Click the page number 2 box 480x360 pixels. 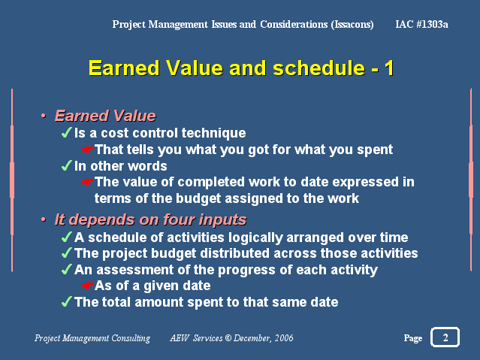(x=445, y=337)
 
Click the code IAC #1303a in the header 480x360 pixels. (x=422, y=24)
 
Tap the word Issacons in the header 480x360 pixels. (x=352, y=25)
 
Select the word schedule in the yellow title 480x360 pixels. (x=318, y=68)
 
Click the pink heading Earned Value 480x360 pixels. (x=105, y=116)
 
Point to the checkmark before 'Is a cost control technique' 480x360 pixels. (x=67, y=132)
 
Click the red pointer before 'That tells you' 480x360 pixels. (x=88, y=150)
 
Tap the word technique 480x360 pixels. (x=213, y=133)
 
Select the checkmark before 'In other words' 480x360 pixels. (x=67, y=165)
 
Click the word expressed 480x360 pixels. (x=365, y=183)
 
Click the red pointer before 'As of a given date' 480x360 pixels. (x=88, y=286)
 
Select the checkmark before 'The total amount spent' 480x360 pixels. (x=67, y=301)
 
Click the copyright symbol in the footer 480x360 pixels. (x=228, y=337)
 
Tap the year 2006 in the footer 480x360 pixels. (x=284, y=337)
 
